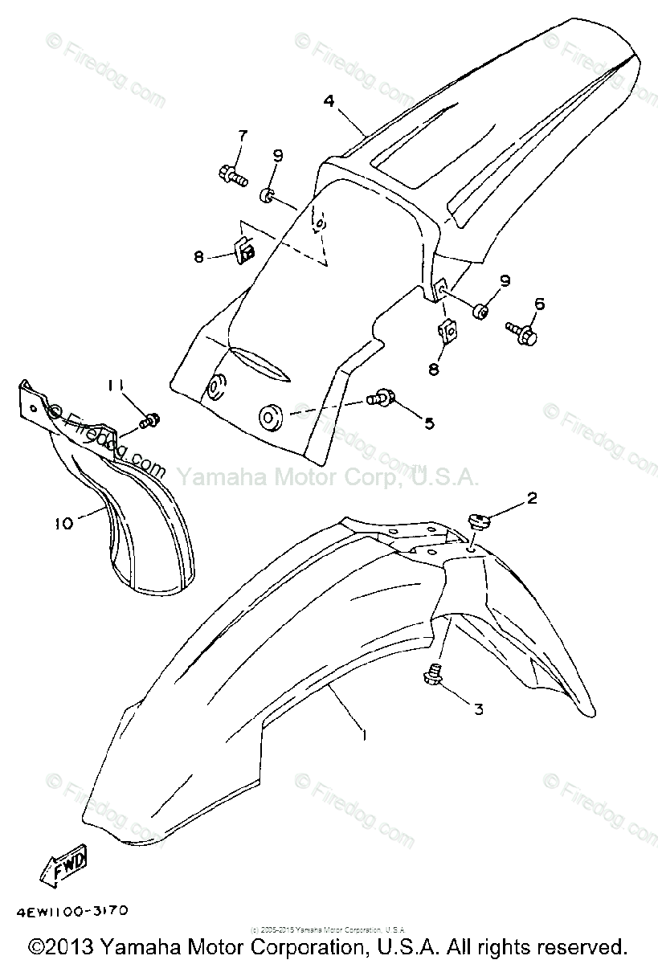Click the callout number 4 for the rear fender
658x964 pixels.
(329, 101)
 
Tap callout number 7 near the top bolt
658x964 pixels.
(220, 136)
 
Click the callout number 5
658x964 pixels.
(429, 423)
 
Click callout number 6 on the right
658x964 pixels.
(538, 303)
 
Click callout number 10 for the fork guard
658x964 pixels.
(63, 523)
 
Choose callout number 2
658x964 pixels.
(531, 498)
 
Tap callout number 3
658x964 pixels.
(479, 709)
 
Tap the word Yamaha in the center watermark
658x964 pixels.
(211, 478)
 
